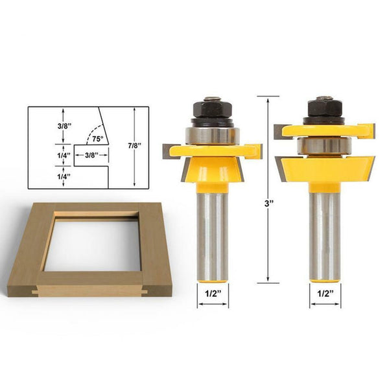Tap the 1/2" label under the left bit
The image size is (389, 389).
[212, 293]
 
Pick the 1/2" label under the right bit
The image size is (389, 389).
[326, 293]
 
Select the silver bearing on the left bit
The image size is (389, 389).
[213, 135]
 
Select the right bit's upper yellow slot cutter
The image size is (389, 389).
[324, 130]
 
